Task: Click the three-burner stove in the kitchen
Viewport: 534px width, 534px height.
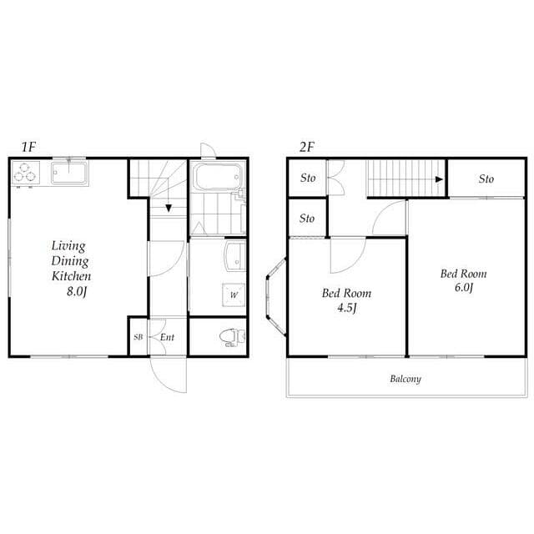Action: coord(26,173)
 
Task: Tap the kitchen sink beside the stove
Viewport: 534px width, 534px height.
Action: coord(69,173)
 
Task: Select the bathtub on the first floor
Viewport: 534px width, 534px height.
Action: coord(217,177)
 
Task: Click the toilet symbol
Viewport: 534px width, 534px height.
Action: coord(232,337)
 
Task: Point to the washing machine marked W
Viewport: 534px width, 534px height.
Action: coord(234,295)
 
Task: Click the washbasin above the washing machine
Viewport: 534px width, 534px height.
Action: coord(235,256)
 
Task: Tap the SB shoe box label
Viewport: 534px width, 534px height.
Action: coord(138,337)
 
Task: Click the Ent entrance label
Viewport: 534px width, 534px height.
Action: coord(167,337)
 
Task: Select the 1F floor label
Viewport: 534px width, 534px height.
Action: coord(28,147)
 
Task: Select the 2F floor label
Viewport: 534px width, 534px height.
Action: coord(306,147)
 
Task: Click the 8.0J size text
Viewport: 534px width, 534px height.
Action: coord(77,291)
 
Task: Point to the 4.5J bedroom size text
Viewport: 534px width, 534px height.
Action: coord(347,308)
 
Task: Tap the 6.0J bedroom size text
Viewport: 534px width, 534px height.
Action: coord(464,288)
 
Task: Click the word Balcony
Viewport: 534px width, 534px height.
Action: coord(406,379)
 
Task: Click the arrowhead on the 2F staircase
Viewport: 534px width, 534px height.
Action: coord(440,179)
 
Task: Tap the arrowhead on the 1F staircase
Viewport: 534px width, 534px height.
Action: coord(169,208)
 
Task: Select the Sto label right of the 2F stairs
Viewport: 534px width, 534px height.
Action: coord(486,179)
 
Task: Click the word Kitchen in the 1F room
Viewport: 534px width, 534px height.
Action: coord(71,276)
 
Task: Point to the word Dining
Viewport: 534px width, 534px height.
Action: coord(70,261)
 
